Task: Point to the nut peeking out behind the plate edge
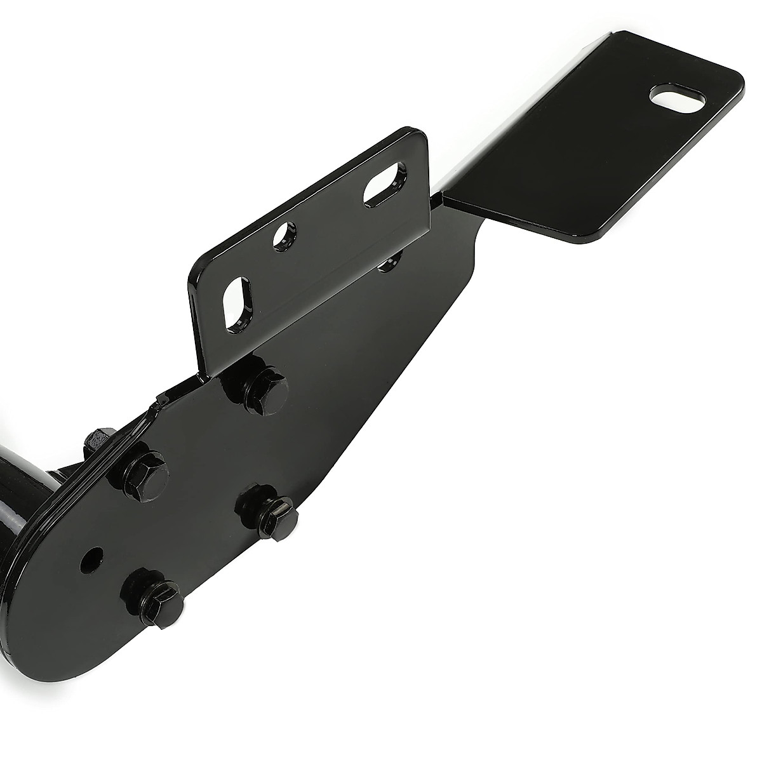pyautogui.click(x=97, y=441)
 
